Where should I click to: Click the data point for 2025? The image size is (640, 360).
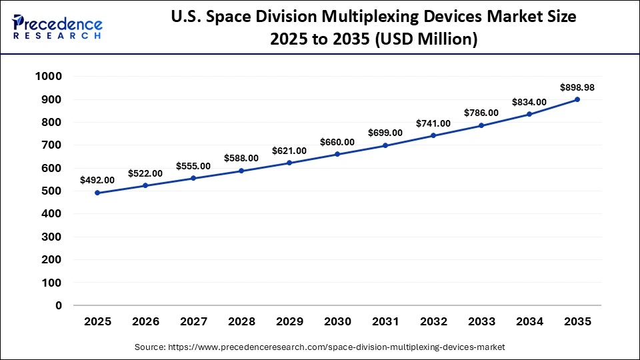point(97,193)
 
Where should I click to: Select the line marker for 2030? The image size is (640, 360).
point(337,154)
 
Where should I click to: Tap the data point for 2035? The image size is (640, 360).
point(577,99)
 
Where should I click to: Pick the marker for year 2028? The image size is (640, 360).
point(241,171)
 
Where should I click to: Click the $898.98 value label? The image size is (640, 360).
point(577,87)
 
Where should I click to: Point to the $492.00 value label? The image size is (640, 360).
point(97,180)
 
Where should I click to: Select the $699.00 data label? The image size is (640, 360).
point(385,133)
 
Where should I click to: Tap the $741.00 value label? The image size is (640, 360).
point(433,123)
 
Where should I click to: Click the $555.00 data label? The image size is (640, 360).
point(193,166)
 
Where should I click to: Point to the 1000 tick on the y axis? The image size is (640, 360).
point(48,77)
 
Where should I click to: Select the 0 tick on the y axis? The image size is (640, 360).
point(59,305)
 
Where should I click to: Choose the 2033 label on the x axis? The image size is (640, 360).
point(481,321)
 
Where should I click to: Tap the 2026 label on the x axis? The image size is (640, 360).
point(145,321)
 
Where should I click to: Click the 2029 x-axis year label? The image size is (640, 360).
point(289,321)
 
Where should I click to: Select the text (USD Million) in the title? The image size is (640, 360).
point(427,40)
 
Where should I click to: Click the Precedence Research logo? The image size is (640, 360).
point(57,27)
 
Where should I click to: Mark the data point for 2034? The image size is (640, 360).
point(529,114)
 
